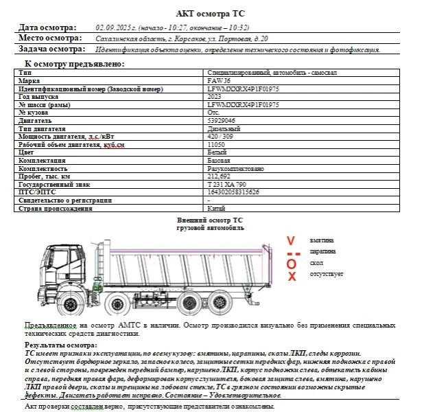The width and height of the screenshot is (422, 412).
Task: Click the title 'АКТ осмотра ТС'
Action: pyautogui.click(x=210, y=13)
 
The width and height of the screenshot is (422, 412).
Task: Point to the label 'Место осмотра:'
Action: pyautogui.click(x=49, y=38)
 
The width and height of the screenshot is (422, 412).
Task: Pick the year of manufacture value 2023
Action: pyautogui.click(x=214, y=97)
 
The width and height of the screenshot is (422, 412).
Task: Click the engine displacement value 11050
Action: pyautogui.click(x=216, y=144)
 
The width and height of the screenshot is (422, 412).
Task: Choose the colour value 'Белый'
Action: pyautogui.click(x=216, y=152)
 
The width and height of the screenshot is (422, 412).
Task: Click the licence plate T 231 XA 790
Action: pyautogui.click(x=226, y=184)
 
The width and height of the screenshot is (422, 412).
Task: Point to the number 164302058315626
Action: pyautogui.click(x=233, y=192)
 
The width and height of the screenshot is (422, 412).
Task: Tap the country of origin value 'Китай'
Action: pyautogui.click(x=216, y=208)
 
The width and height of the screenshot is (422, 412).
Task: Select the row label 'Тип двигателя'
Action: pyautogui.click(x=42, y=128)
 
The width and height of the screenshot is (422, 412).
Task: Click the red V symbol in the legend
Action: pyautogui.click(x=291, y=241)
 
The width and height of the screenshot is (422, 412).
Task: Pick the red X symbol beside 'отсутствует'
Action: pyautogui.click(x=292, y=276)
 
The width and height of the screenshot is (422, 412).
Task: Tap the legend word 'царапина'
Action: pyautogui.click(x=322, y=251)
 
